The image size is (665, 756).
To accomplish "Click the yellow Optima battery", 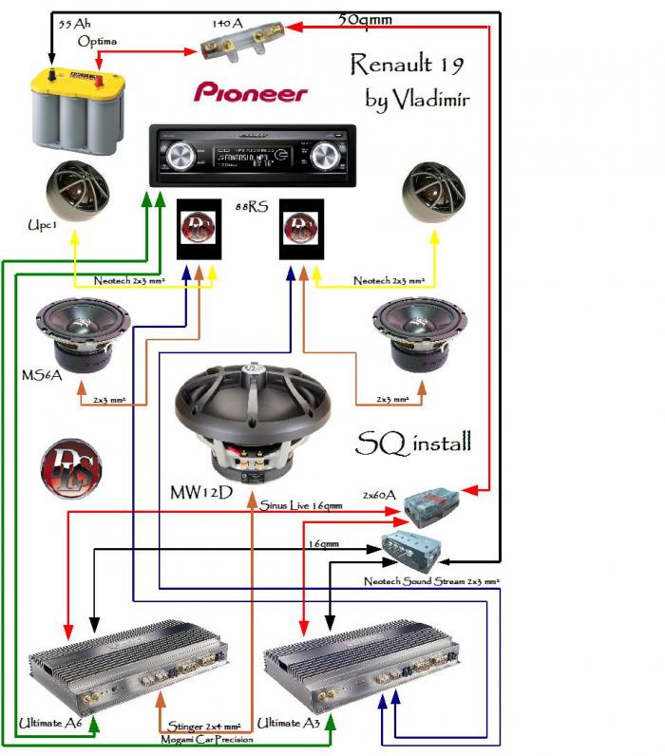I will pos(76,112).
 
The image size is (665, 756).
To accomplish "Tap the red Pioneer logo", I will pos(251,92).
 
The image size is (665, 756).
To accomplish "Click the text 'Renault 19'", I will pos(407,65).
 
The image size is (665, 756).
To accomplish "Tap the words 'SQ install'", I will pos(413,443).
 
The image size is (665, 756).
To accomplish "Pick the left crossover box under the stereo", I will pos(200,229).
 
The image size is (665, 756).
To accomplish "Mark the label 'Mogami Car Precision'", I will pos(207,738).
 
